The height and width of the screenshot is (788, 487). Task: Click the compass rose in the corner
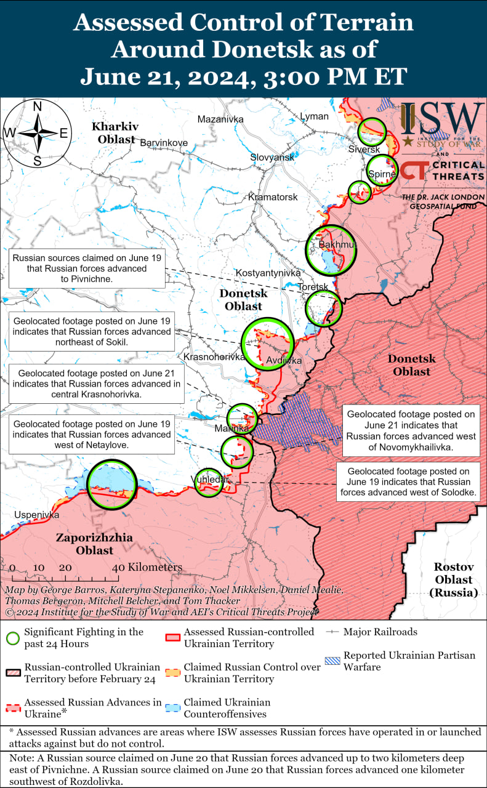click(37, 133)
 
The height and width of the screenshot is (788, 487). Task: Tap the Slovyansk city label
click(272, 158)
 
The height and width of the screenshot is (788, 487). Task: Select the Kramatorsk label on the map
click(273, 197)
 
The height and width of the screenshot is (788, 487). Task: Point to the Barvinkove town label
click(164, 143)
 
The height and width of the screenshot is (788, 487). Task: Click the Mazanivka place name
click(220, 119)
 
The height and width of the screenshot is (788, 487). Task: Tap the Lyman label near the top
click(314, 116)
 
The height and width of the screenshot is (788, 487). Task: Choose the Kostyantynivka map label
click(268, 273)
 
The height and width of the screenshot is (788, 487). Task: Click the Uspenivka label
click(37, 515)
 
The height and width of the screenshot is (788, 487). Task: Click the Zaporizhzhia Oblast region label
click(94, 544)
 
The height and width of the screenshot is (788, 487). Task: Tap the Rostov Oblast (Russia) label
click(453, 580)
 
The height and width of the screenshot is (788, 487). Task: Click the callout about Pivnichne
click(87, 269)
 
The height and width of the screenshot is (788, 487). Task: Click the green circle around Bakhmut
click(331, 250)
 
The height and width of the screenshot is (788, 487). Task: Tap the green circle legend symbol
click(12, 638)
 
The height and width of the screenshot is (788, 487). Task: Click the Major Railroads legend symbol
click(332, 632)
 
